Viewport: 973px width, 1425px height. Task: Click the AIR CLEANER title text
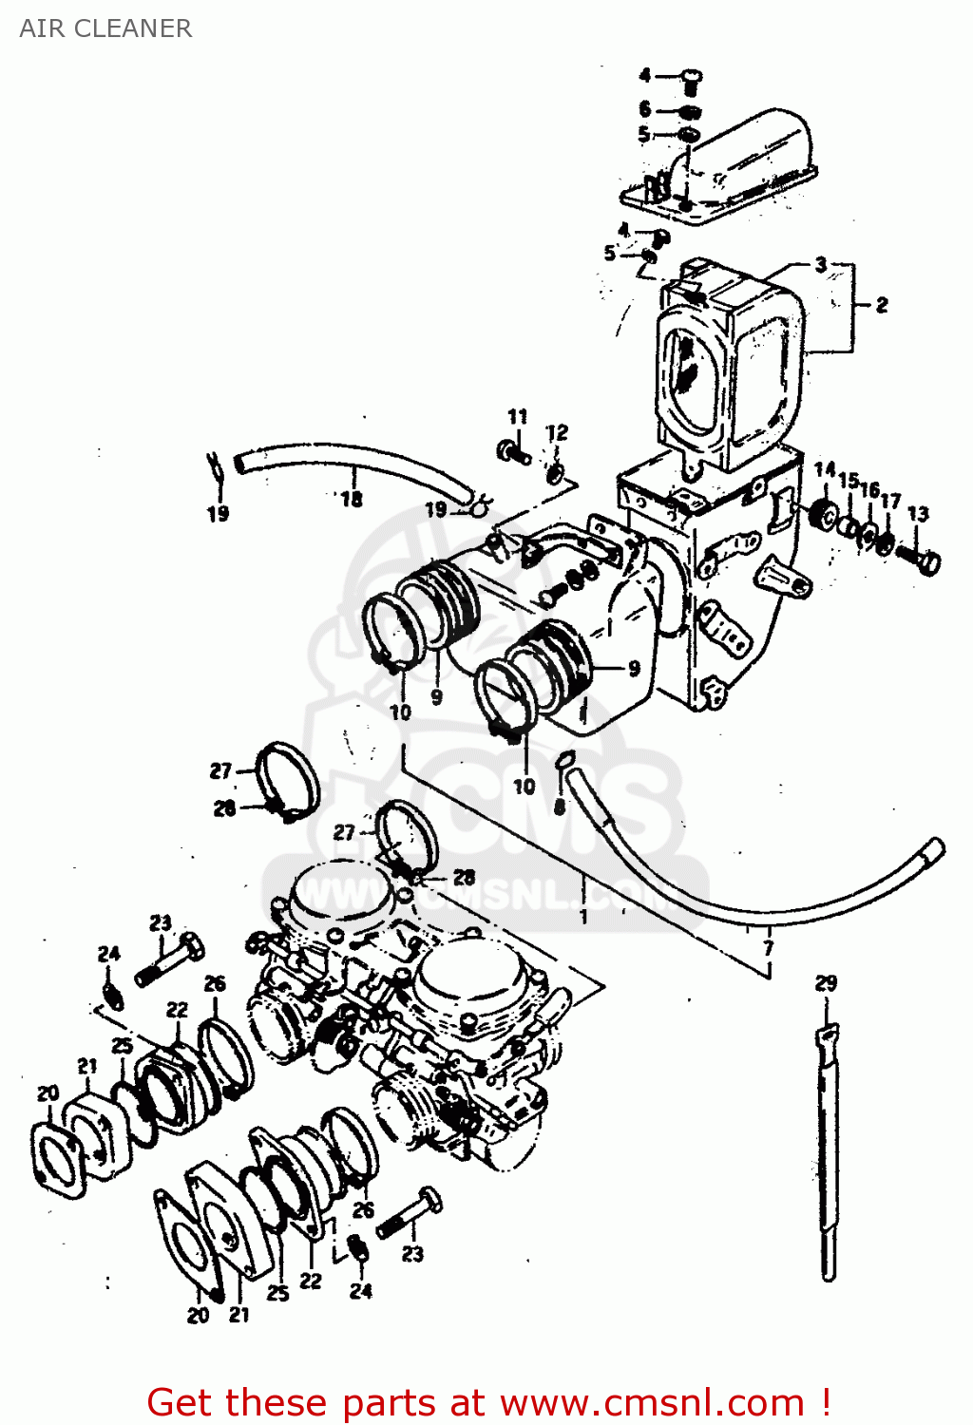pos(105,28)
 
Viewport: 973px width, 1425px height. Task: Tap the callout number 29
pos(826,983)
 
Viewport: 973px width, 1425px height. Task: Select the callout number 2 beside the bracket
pos(882,305)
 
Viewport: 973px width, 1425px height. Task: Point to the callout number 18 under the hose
pos(352,499)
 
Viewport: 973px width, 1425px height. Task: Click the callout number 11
pos(517,417)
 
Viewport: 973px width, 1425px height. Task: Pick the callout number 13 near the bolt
pos(917,514)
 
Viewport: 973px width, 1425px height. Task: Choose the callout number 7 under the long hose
pos(768,947)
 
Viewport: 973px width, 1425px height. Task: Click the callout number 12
pos(557,433)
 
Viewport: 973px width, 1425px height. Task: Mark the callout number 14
pos(824,469)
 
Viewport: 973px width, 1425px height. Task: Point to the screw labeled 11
pos(514,451)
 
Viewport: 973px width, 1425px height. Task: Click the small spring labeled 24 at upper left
pos(112,994)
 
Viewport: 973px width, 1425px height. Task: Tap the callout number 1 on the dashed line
pos(583,917)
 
